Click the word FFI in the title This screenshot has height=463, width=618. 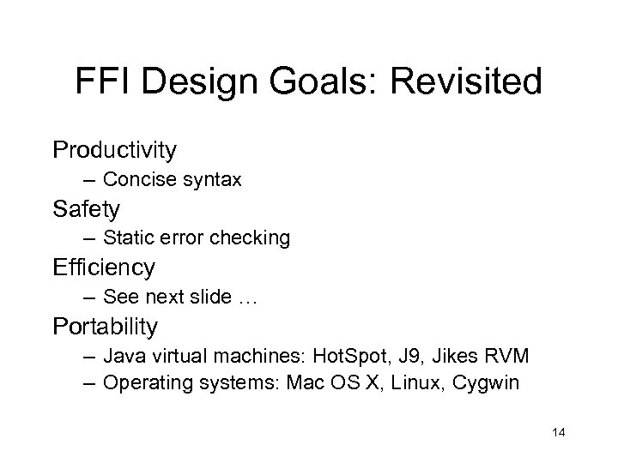pos(102,83)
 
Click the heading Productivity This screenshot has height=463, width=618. pos(115,151)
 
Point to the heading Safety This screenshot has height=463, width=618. pos(87,209)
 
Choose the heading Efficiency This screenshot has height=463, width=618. pos(104,268)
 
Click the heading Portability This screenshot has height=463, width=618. pos(106,326)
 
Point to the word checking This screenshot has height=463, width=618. pos(253,238)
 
